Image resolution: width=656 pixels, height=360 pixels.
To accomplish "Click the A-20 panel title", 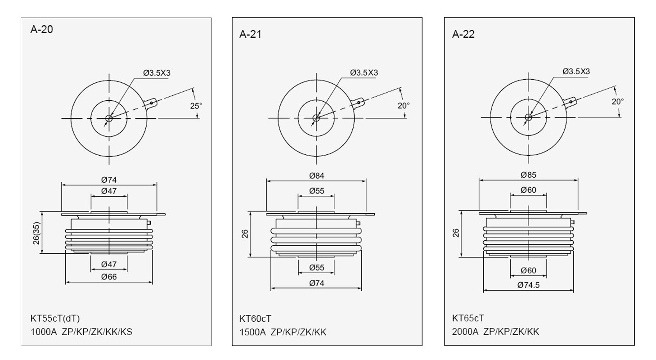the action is point(41,30).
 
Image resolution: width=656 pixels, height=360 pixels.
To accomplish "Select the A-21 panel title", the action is point(251,34).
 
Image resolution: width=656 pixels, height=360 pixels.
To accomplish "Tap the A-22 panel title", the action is point(463,34).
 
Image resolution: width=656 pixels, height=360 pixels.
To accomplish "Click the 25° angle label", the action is point(196,106).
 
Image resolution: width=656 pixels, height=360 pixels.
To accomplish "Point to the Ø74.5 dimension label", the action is point(528,285).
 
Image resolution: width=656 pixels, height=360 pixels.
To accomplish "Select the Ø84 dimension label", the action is point(317,175).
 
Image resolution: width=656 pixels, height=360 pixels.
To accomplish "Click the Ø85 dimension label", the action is point(529,175).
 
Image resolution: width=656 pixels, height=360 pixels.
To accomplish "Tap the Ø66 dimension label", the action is point(109,276).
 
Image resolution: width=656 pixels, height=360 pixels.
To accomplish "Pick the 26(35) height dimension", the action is point(36,233).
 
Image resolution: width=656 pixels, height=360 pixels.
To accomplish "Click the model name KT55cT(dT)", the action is point(55,319).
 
